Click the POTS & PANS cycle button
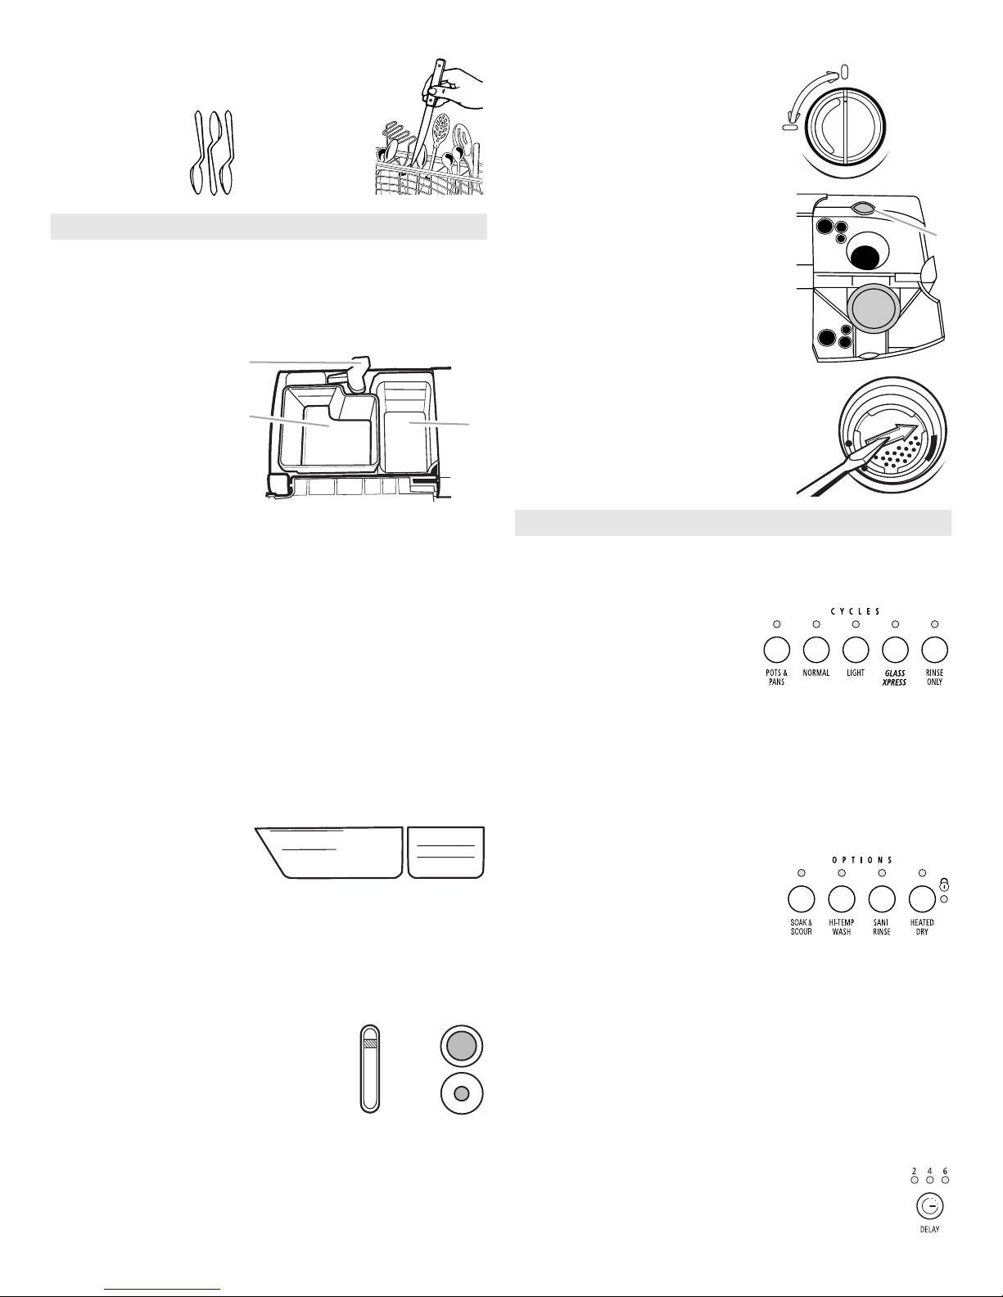point(777,650)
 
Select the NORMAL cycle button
point(816,650)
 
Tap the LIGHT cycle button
point(856,650)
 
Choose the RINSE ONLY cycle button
point(935,650)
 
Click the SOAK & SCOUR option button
point(802,898)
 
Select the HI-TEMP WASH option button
point(842,898)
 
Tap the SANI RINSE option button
point(882,898)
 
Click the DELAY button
point(929,1207)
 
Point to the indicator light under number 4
point(929,1180)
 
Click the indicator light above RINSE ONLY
point(935,624)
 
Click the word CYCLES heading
point(856,611)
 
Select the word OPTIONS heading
point(862,860)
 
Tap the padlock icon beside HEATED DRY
point(944,884)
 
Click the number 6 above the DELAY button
point(945,1172)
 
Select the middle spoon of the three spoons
point(213,153)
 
